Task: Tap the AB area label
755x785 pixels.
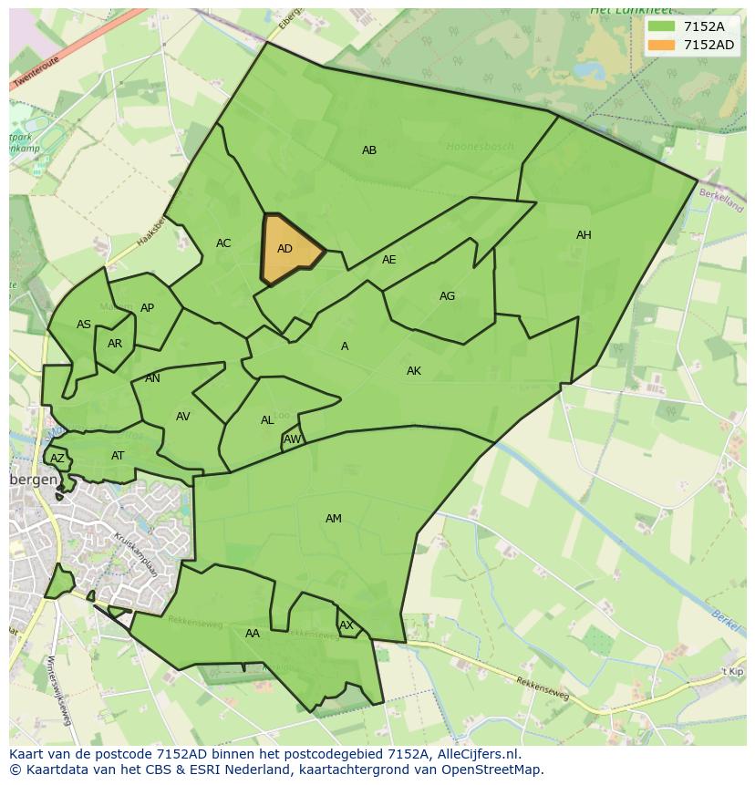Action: coord(369,150)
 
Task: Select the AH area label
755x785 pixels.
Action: coord(584,235)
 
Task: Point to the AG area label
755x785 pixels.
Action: coord(447,296)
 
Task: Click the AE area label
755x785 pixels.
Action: coord(389,260)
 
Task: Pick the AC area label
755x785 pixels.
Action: coord(223,243)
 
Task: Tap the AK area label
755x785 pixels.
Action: coord(414,371)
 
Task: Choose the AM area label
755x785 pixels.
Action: coord(334,519)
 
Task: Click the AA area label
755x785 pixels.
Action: coord(253,634)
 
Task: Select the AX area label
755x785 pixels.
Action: coord(346,625)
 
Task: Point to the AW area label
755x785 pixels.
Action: coord(292,439)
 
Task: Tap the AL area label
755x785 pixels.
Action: coord(267,420)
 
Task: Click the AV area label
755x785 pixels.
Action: coord(183,417)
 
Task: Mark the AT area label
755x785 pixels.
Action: coord(118,456)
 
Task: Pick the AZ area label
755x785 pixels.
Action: coord(57,459)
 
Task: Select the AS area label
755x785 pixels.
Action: coord(84,325)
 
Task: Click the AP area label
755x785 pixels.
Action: coord(147,308)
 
